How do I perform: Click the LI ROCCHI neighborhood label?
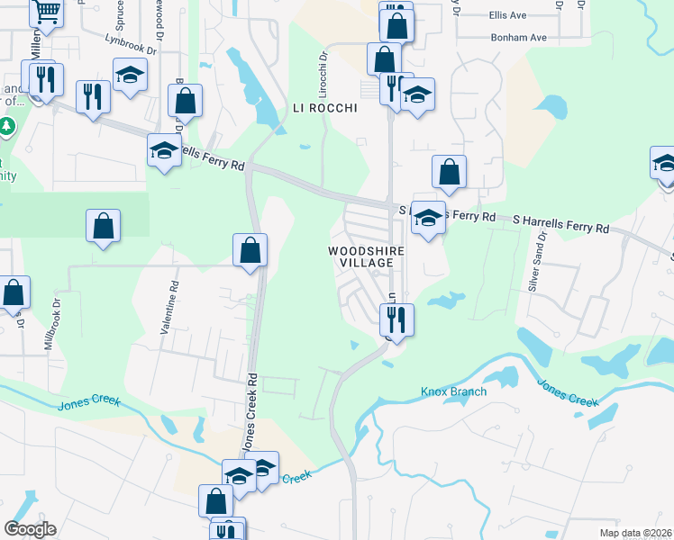point(325,108)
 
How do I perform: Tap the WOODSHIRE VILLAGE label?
point(361,256)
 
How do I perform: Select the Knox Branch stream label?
point(453,391)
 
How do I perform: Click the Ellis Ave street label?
point(507,16)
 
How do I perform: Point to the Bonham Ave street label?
point(519,38)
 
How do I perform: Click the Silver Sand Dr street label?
point(538,261)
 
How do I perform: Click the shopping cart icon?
point(46,13)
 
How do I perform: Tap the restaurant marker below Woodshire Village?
point(395,319)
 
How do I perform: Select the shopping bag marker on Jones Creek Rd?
point(250,250)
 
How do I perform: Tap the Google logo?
point(30,529)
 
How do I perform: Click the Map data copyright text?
point(635,533)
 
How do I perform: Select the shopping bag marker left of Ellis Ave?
point(396,23)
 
